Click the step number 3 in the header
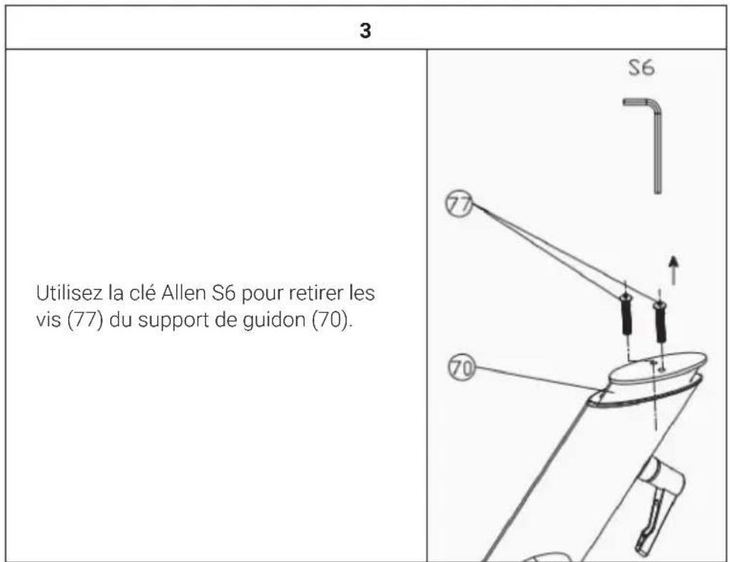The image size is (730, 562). click(366, 31)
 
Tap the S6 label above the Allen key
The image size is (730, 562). click(642, 68)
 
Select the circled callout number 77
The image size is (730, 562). click(459, 204)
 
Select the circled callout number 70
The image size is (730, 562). click(462, 368)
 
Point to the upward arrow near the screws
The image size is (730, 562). click(673, 270)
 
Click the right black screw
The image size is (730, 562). click(660, 321)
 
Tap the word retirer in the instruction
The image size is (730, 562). click(318, 293)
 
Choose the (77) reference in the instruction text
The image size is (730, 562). click(85, 320)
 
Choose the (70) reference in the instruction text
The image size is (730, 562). click(331, 320)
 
